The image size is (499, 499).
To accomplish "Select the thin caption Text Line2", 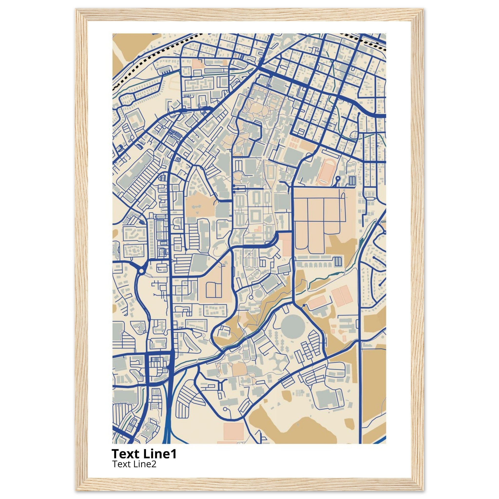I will point(134,464).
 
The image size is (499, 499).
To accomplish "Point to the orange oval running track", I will point(326,172).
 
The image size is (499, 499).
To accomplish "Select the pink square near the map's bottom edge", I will point(233,431).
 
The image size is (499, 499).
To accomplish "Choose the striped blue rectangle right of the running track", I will point(352,180).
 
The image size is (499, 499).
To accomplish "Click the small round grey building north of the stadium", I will point(258,294).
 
